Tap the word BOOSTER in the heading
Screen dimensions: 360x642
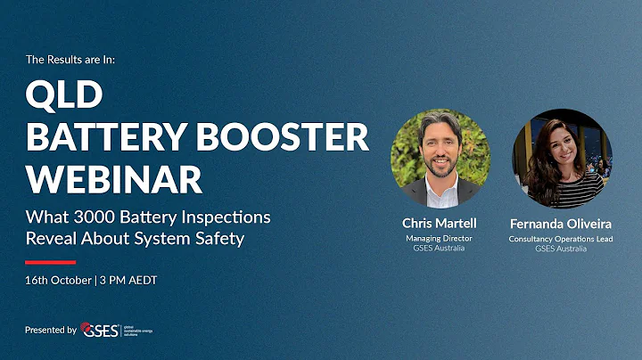(x=291, y=137)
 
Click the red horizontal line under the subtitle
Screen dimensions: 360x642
(x=50, y=262)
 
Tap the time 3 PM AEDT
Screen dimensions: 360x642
(x=134, y=281)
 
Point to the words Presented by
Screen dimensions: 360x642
(x=51, y=330)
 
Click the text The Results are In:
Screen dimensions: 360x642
(x=70, y=60)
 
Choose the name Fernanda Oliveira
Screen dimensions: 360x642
(x=561, y=223)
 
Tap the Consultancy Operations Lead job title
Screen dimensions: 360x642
(x=561, y=239)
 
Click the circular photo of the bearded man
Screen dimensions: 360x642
(x=440, y=159)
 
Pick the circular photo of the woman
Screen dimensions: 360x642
(x=562, y=159)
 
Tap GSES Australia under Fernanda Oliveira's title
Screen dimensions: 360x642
(x=561, y=249)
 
